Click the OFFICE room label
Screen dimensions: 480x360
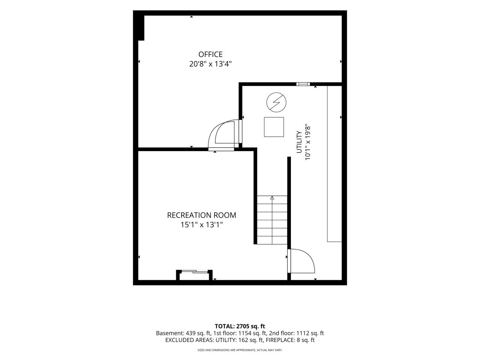[210, 54]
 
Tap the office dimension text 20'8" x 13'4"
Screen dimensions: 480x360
[210, 64]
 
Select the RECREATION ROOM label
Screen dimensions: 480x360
[202, 215]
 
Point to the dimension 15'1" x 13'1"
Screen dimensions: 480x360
[202, 225]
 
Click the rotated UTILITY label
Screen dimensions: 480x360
[299, 142]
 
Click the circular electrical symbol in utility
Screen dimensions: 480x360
[276, 102]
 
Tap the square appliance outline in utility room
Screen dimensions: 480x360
[274, 127]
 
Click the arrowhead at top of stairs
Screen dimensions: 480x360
[272, 198]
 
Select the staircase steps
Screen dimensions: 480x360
[272, 220]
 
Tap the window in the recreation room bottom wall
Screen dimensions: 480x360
[194, 272]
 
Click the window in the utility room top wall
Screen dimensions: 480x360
[303, 84]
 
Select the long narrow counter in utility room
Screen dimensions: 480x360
[334, 164]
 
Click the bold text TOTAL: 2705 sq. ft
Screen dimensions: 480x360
[240, 326]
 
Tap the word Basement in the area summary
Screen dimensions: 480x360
[170, 333]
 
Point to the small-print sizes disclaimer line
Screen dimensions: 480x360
[240, 350]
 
